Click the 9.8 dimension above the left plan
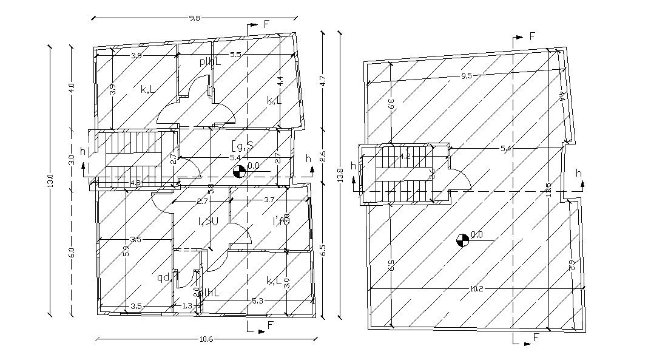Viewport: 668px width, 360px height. [x=194, y=18]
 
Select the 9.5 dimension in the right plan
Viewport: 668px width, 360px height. [x=466, y=76]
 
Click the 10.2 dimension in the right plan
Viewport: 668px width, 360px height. [x=476, y=289]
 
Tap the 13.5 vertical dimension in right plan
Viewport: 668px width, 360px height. [x=548, y=189]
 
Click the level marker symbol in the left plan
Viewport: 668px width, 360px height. [x=240, y=172]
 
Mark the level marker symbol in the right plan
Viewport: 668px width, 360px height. [x=462, y=240]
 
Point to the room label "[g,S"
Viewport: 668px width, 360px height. [x=242, y=146]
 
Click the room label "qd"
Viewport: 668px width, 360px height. [x=163, y=278]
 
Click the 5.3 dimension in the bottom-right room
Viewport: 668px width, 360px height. [x=257, y=301]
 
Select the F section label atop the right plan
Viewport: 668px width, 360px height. [x=532, y=36]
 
